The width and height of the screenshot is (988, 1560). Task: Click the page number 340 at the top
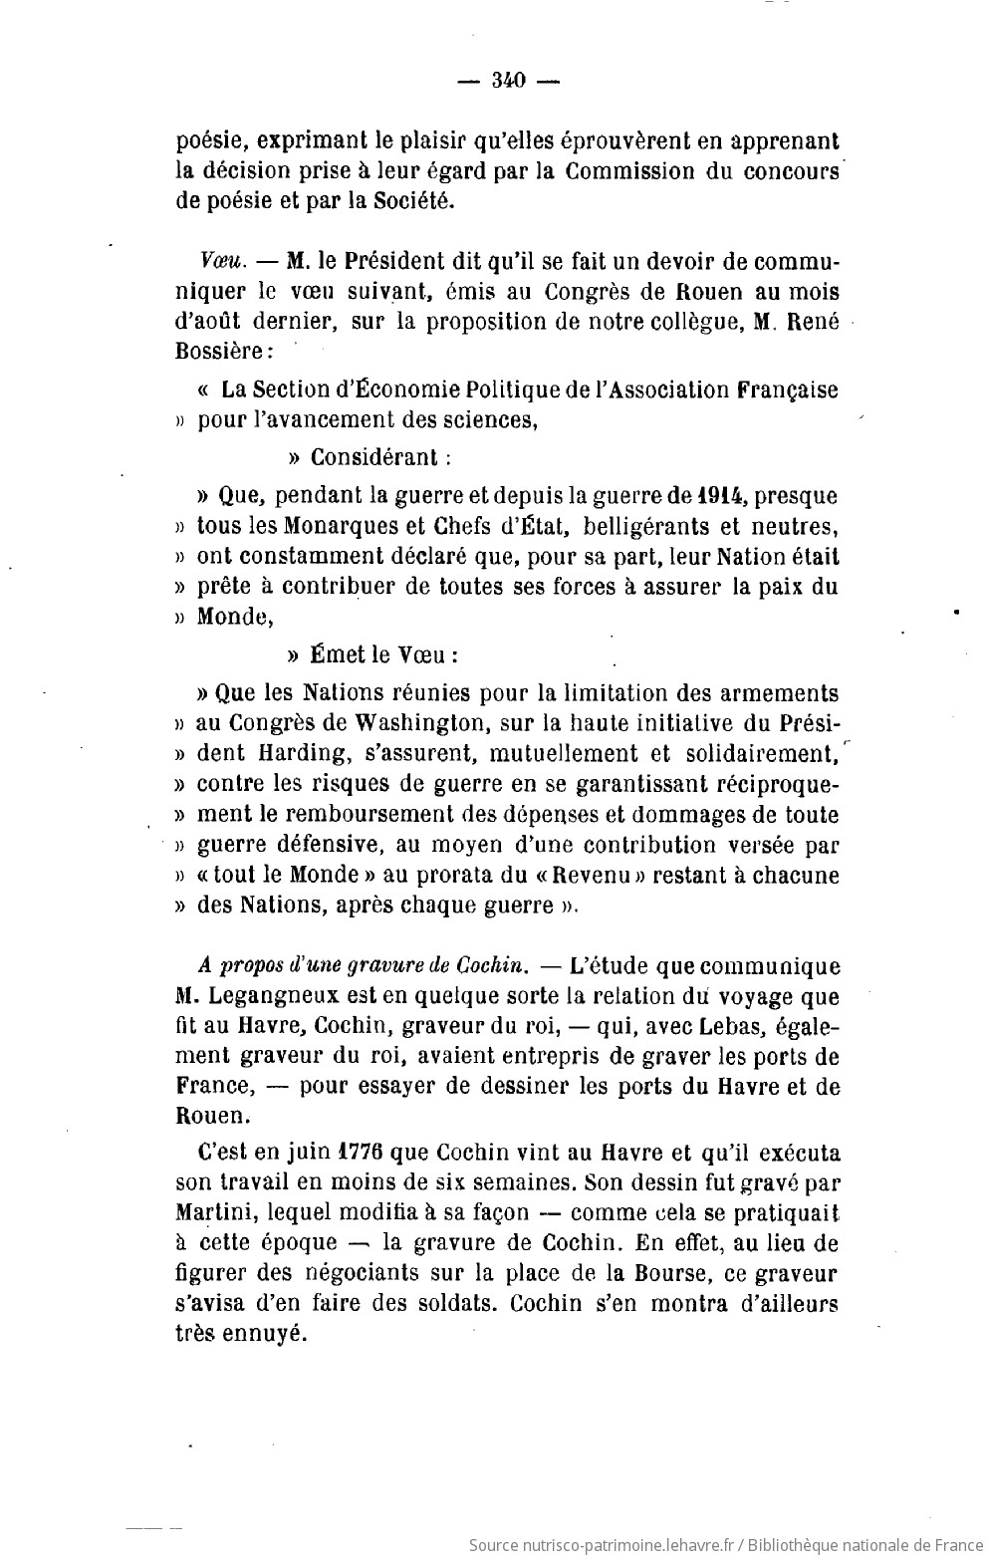(508, 82)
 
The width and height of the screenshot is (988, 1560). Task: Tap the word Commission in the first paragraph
(629, 170)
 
